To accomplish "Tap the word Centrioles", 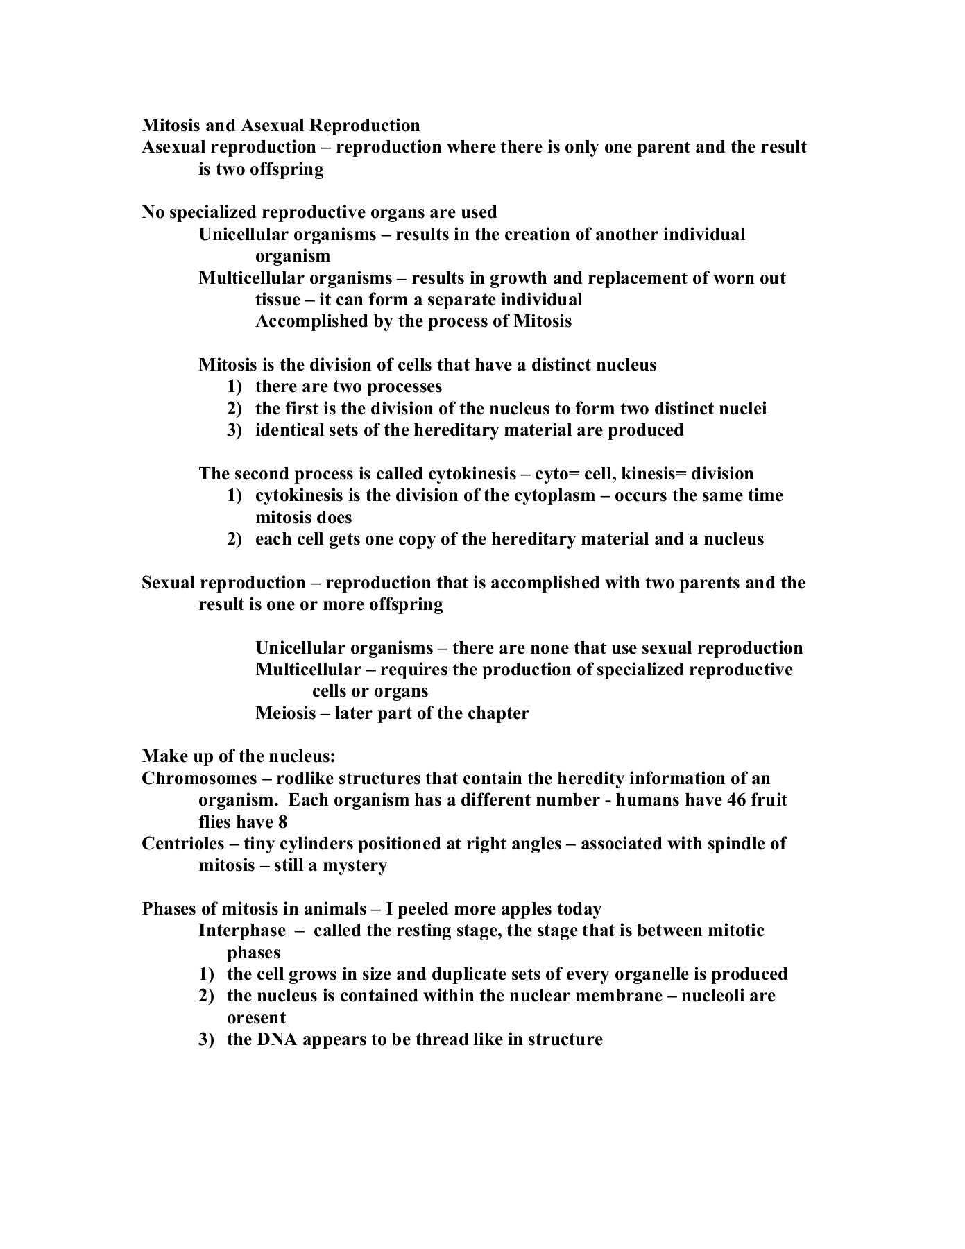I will (x=183, y=844).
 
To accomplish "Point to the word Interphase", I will (x=242, y=931).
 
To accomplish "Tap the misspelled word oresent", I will (x=256, y=1018).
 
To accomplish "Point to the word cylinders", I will (x=302, y=844).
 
